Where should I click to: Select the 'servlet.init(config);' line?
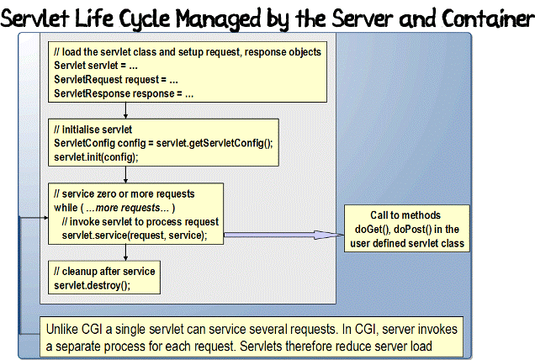point(95,156)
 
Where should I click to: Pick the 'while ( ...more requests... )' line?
point(114,209)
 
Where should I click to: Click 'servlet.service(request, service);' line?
point(140,235)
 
